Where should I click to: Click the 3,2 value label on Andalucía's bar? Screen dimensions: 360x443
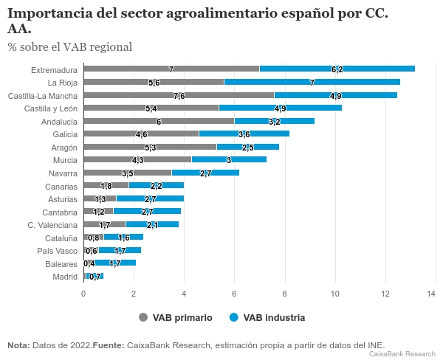[274, 122]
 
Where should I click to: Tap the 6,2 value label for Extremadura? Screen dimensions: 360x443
[337, 69]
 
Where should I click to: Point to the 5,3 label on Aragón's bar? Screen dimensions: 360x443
[150, 148]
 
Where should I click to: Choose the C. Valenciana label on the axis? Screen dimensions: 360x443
[52, 225]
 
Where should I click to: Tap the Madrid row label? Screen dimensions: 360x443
[64, 277]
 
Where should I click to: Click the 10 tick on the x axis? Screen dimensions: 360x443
[335, 293]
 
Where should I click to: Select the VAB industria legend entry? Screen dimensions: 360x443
[267, 317]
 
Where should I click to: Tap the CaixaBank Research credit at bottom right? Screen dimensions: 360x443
[402, 354]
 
